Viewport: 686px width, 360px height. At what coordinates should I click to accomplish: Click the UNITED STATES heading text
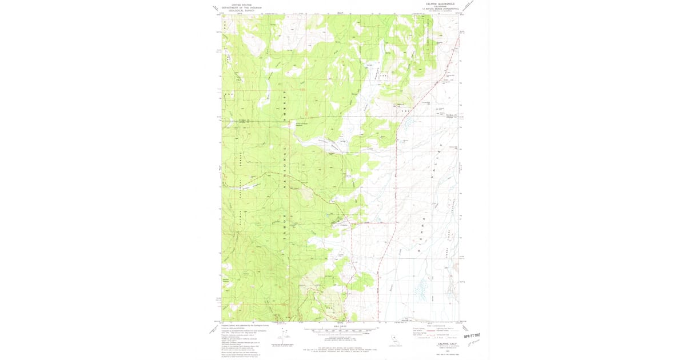(240, 5)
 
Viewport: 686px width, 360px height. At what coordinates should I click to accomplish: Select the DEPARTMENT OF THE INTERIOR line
(240, 7)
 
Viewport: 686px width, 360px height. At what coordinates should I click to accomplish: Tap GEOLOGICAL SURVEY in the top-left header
(240, 10)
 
